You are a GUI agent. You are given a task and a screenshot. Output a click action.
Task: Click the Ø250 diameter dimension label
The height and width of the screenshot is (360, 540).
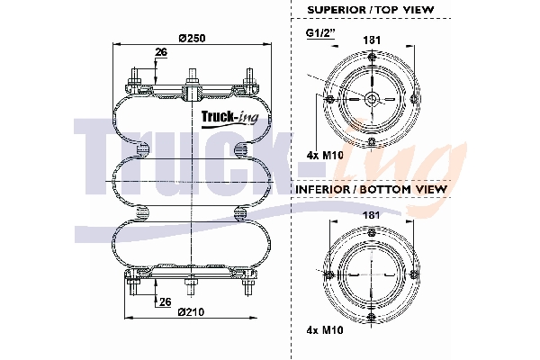click(x=193, y=38)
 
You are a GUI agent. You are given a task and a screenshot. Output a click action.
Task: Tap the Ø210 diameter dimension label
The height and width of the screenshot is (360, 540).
click(x=191, y=312)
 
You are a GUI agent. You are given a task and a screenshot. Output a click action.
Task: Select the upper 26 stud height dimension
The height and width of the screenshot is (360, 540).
click(x=161, y=52)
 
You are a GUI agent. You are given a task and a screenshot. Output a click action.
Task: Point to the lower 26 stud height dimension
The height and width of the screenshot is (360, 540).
click(x=166, y=301)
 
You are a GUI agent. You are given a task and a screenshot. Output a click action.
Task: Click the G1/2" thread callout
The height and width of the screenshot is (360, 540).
click(x=320, y=33)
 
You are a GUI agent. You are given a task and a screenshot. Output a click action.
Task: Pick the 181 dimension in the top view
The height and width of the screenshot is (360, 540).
click(x=372, y=40)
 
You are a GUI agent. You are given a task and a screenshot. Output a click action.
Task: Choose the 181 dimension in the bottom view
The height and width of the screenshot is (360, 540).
click(x=372, y=215)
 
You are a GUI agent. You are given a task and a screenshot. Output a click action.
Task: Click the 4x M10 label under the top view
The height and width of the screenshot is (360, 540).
click(x=325, y=155)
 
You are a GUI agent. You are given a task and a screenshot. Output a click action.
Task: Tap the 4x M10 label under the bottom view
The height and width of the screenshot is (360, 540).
click(x=325, y=330)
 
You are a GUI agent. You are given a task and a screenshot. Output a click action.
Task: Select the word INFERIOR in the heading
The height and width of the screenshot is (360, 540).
click(x=322, y=189)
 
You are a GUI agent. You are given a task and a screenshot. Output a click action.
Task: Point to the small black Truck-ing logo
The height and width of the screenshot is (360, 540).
click(x=229, y=119)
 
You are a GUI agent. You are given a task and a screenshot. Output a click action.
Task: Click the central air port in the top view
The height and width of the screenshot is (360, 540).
click(x=372, y=99)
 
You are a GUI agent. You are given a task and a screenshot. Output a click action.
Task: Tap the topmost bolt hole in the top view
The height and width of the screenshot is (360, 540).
click(x=371, y=56)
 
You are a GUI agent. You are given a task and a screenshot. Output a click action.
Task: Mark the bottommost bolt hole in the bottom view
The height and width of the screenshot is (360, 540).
click(x=371, y=318)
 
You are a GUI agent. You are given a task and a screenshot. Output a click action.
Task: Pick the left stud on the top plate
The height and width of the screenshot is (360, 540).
click(x=134, y=78)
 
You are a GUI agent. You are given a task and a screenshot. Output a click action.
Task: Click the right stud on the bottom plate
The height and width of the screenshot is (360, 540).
click(x=248, y=286)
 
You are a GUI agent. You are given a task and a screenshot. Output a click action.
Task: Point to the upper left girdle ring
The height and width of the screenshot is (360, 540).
click(x=142, y=149)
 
